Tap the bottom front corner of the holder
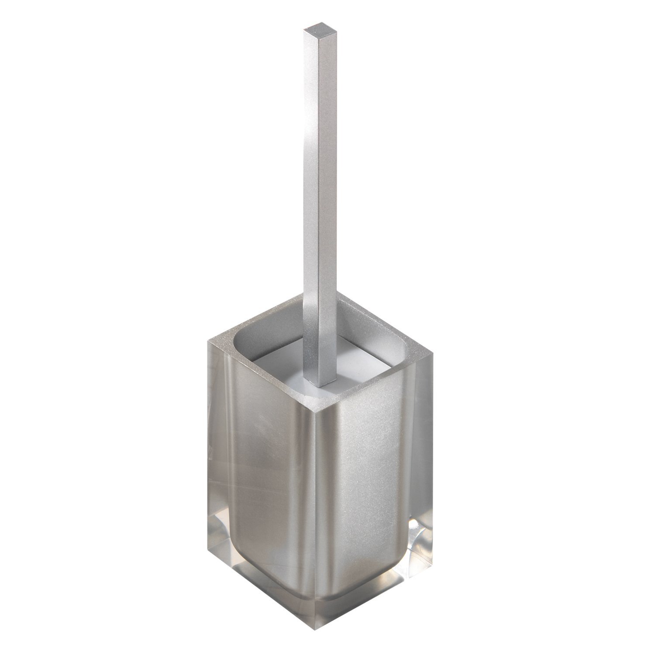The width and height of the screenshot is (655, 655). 313,619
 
